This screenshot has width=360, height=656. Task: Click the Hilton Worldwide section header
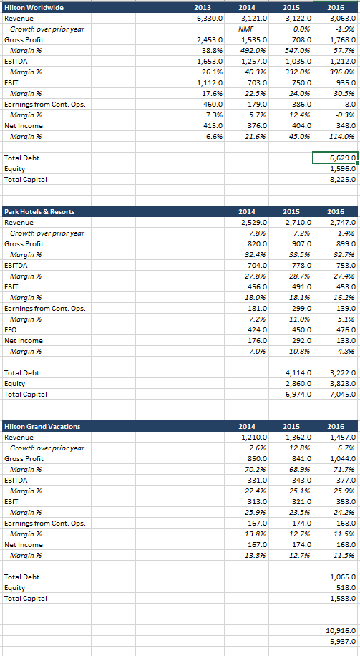pyautogui.click(x=34, y=7)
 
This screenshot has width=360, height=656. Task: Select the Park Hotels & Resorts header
pyautogui.click(x=39, y=211)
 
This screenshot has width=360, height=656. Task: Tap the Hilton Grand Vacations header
pyautogui.click(x=42, y=426)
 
